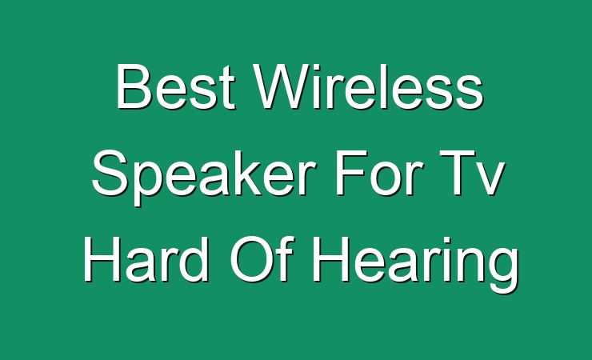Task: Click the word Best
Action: [x=176, y=86]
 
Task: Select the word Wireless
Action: [x=370, y=86]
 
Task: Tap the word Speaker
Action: [x=204, y=177]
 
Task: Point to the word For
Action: [x=378, y=173]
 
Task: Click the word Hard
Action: [x=146, y=259]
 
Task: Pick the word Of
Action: [x=262, y=259]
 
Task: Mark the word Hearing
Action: [x=415, y=264]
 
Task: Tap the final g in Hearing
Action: [x=504, y=270]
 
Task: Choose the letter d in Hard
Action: [x=194, y=259]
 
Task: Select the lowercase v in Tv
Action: [x=490, y=179]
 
